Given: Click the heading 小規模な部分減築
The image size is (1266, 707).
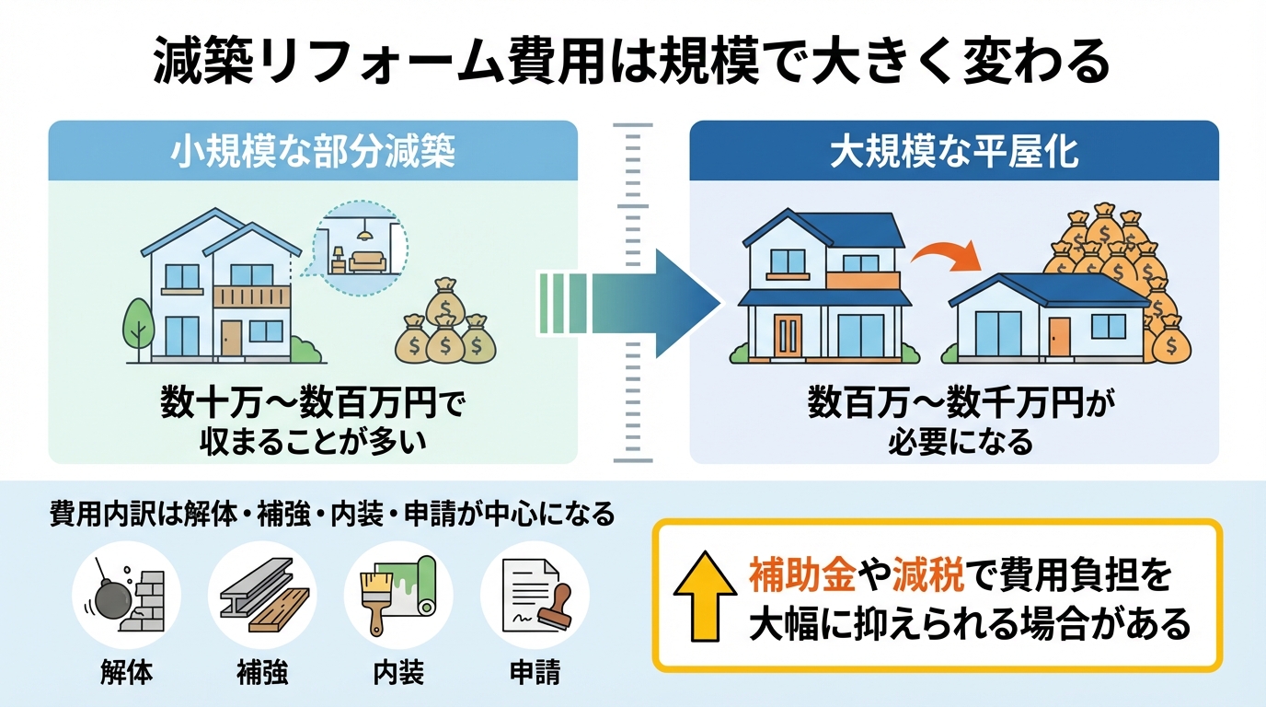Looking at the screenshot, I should coord(313,152).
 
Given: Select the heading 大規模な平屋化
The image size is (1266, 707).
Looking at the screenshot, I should coord(954,152).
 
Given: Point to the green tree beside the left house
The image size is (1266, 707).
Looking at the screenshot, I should coord(139,322).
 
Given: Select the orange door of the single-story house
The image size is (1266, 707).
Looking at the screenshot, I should coord(1059,336).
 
